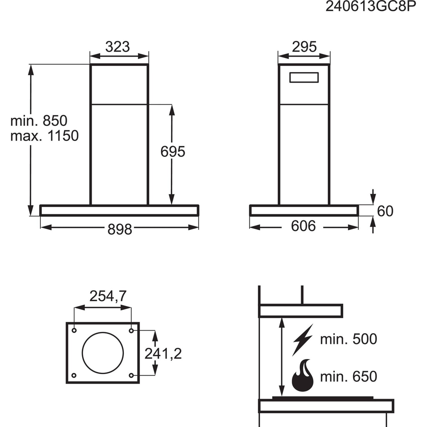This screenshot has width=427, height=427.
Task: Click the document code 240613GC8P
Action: pos(371,8)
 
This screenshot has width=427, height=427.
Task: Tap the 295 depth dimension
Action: pos(304,46)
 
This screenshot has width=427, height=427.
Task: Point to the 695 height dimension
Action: pos(173,152)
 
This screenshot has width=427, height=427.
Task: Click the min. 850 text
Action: pos(39,121)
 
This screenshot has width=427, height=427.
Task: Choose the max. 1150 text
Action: pos(45,136)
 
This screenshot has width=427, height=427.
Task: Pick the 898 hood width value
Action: pos(120,229)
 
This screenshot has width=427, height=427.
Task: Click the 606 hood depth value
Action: pos(303,226)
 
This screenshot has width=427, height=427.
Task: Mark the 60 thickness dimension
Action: pos(385,211)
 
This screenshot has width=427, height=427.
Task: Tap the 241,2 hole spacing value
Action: pos(163,354)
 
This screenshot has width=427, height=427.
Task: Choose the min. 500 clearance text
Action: pos(348,339)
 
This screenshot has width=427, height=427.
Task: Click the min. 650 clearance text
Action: pos(348,377)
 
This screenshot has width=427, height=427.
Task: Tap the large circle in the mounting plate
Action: pos(103,353)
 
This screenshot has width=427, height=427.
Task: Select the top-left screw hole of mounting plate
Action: pos(74,331)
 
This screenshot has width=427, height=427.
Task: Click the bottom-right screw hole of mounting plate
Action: pos(131,375)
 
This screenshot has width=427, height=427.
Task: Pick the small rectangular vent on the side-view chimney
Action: pos(304,78)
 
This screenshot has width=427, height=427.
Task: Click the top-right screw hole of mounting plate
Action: pos(131,331)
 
